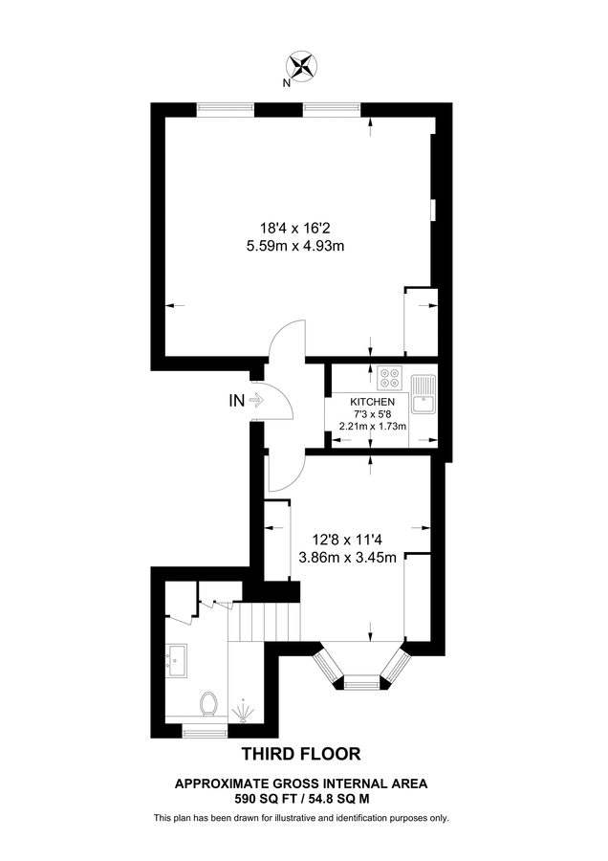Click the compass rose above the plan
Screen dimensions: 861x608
(x=303, y=66)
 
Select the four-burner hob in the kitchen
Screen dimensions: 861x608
(x=390, y=377)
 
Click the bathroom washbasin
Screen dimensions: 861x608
(x=177, y=659)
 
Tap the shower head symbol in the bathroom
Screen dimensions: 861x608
(x=242, y=709)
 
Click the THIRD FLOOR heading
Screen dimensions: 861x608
(x=302, y=754)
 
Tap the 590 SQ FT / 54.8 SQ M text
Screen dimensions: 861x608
(x=302, y=797)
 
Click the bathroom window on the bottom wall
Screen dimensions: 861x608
(x=205, y=731)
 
